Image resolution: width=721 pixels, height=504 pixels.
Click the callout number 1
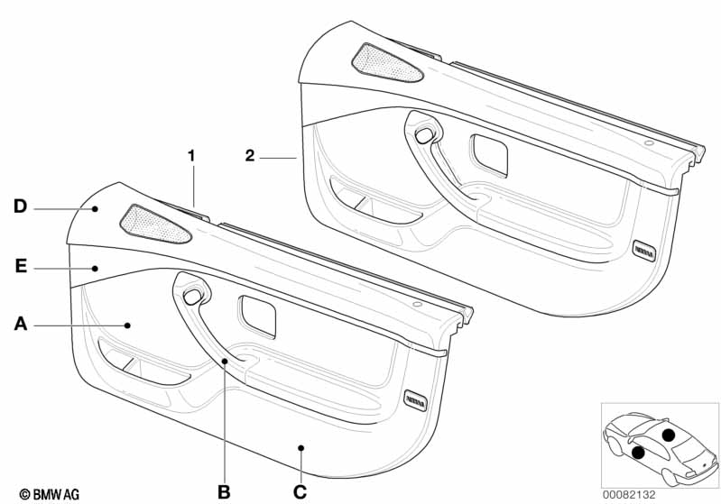[191, 156]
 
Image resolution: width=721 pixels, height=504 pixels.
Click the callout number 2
[250, 155]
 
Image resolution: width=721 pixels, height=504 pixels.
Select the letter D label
[20, 206]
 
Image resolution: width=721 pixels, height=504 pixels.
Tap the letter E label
[21, 266]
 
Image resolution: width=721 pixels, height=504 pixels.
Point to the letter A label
[21, 324]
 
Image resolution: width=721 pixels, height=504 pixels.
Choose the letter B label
[224, 492]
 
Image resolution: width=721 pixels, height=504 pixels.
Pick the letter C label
[300, 492]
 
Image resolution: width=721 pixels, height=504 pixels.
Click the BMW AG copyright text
[50, 494]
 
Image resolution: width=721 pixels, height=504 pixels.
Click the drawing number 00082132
[629, 494]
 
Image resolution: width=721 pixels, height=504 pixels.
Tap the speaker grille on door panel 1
[154, 224]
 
